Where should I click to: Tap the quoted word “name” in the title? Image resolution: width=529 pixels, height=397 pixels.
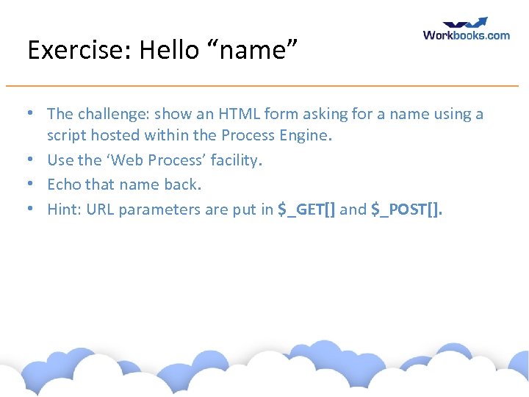[x=248, y=50]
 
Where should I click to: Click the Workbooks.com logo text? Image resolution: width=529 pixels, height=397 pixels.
[x=466, y=35]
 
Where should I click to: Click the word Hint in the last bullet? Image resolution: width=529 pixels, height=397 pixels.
[x=64, y=210]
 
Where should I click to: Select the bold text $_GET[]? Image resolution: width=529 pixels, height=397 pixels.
[x=306, y=210]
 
